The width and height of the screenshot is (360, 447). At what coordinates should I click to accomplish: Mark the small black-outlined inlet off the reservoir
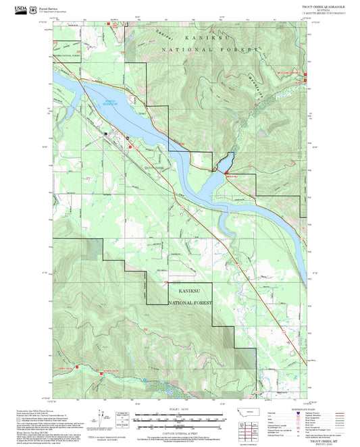click(x=225, y=162)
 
